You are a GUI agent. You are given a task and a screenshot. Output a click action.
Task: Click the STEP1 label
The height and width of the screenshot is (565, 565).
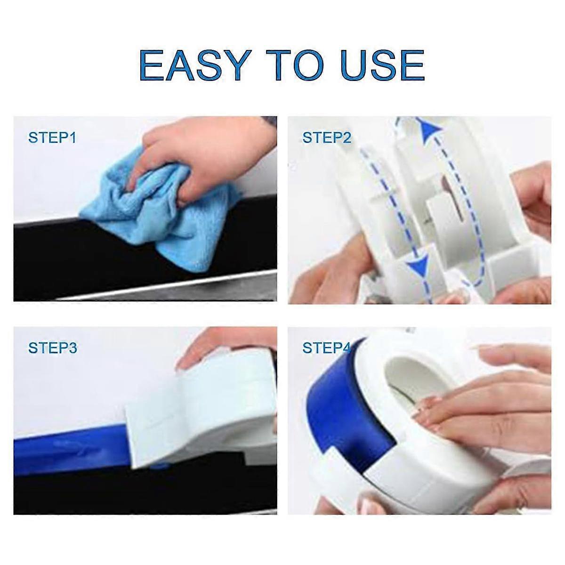click(52, 138)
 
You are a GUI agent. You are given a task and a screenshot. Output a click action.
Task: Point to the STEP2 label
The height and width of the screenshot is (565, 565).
click(326, 138)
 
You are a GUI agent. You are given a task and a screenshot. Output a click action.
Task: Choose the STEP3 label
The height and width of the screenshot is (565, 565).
click(52, 348)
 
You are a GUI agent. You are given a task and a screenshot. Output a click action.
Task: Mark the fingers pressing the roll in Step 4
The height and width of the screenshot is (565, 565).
click(471, 405)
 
